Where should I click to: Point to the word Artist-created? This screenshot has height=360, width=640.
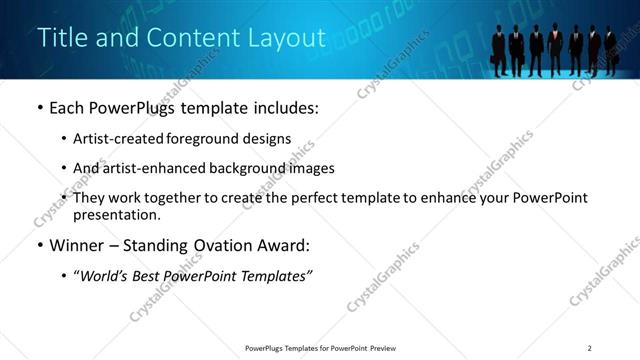pos(113,139)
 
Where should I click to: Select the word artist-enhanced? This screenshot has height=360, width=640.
pos(142,168)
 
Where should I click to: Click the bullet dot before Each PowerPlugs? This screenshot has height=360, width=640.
pos(39,108)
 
